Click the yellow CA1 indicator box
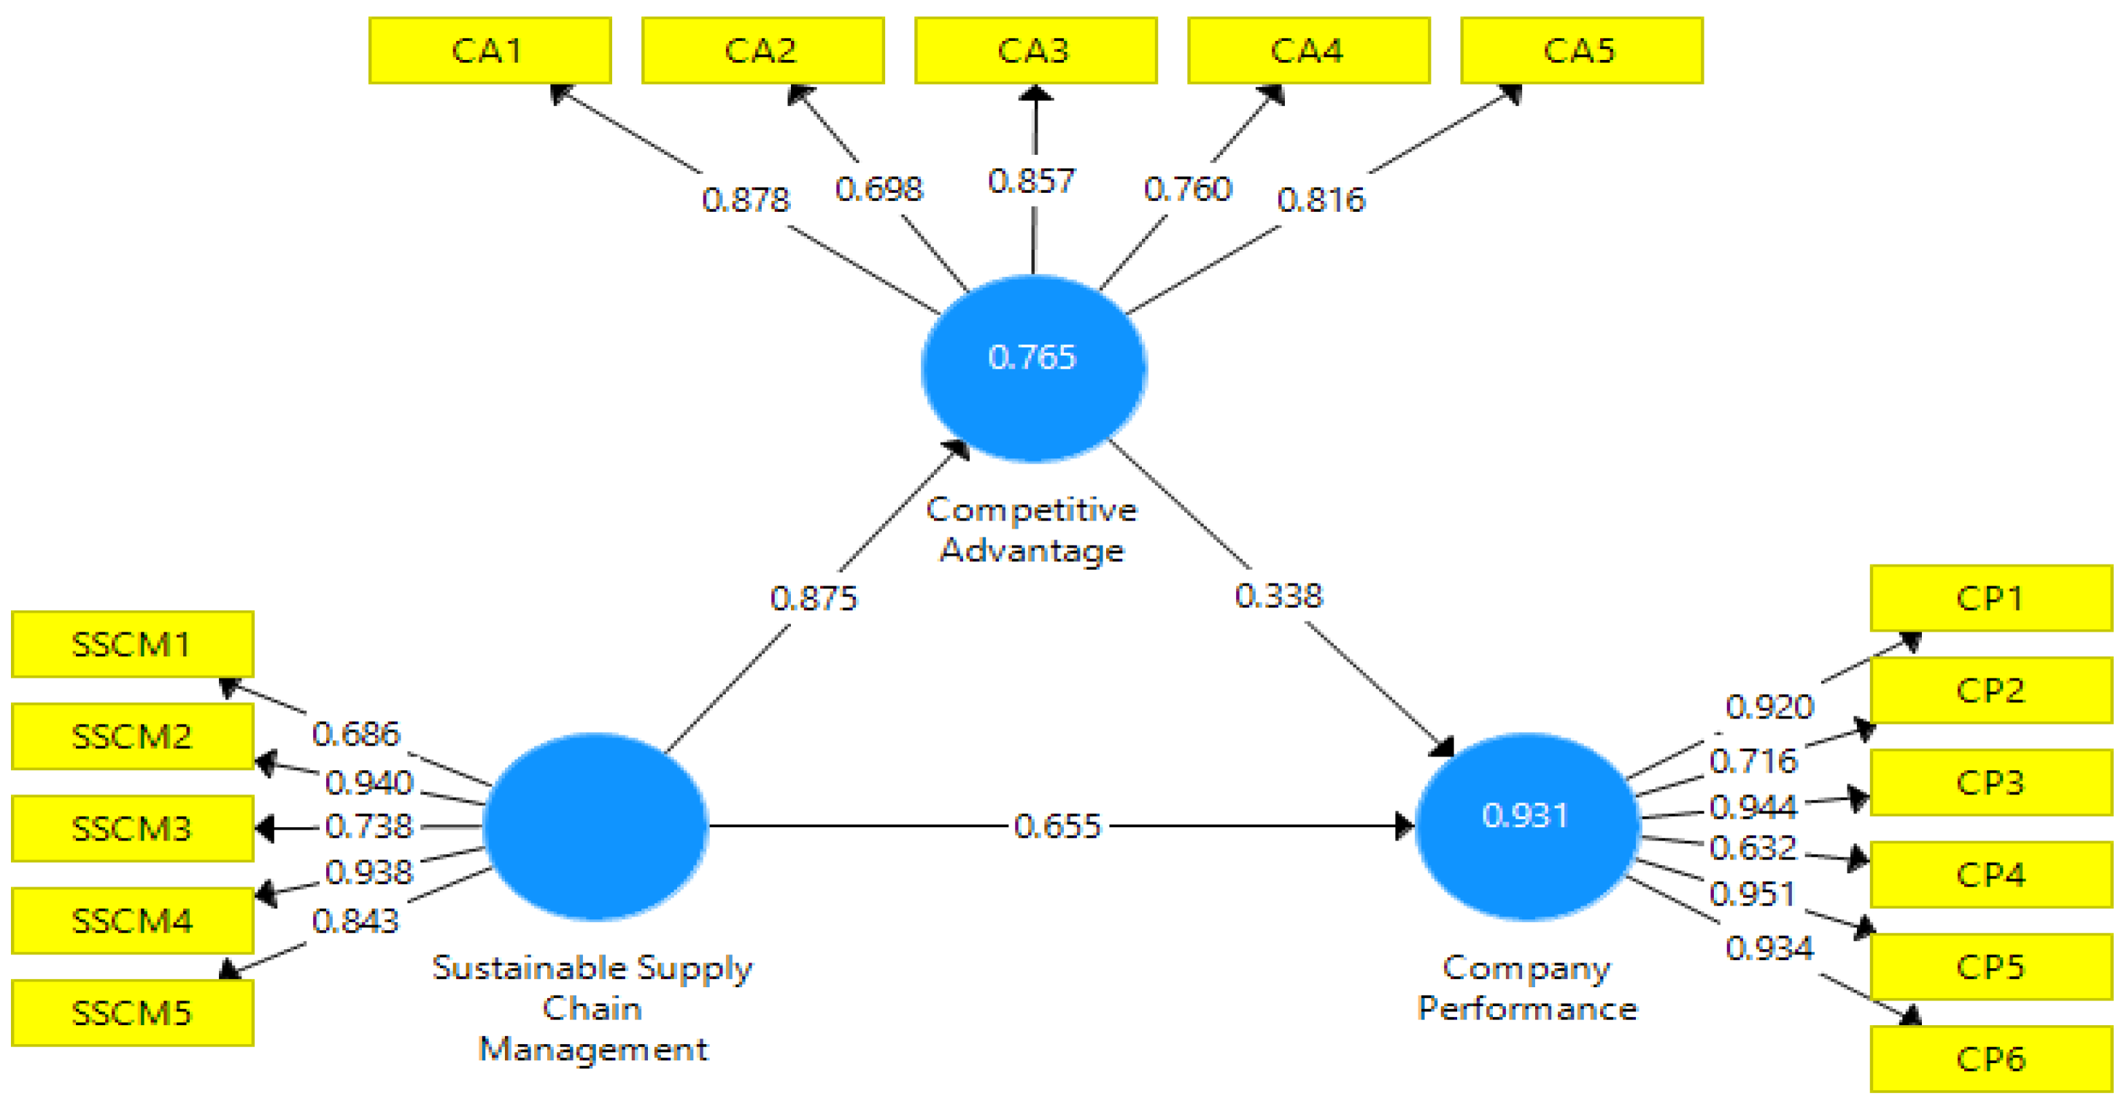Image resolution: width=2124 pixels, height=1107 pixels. (x=490, y=50)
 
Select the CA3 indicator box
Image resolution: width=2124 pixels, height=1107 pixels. (x=1035, y=50)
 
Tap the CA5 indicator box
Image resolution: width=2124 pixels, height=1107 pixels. (x=1580, y=50)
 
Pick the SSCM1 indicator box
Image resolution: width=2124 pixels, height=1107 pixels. (x=132, y=644)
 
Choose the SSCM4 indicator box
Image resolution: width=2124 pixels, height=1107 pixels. (x=132, y=921)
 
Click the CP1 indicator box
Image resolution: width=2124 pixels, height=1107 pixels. (x=1990, y=598)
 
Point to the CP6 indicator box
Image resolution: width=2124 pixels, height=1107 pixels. (x=1990, y=1058)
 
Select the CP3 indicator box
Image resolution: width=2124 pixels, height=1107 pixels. (x=1990, y=782)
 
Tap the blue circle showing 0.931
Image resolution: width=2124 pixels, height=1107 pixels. (x=1526, y=826)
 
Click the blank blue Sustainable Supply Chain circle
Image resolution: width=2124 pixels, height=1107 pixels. (x=595, y=826)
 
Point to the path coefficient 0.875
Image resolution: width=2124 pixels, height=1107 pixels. (x=814, y=598)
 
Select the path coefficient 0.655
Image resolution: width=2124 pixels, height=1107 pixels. (x=1058, y=826)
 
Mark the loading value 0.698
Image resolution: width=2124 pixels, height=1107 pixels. (x=879, y=189)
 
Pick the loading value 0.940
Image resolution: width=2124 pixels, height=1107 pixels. (x=368, y=782)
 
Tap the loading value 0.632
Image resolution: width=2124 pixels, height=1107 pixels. (x=1752, y=847)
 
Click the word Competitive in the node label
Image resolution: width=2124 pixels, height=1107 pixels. (x=1032, y=510)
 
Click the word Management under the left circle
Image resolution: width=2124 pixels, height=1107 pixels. (x=593, y=1049)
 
